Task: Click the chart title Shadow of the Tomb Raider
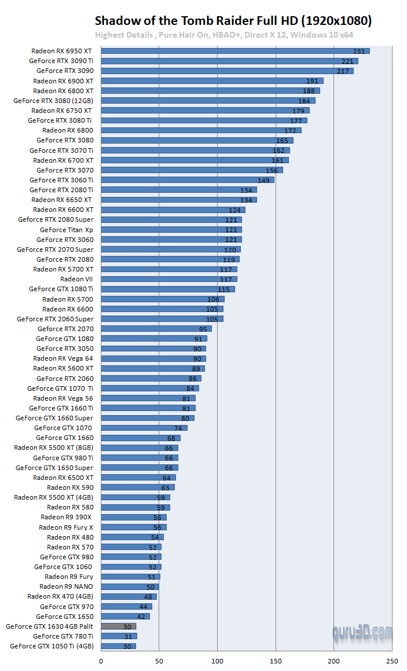[x=233, y=21]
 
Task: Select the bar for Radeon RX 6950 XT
[x=235, y=51]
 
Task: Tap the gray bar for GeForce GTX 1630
[x=118, y=626]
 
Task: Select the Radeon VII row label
[x=76, y=279]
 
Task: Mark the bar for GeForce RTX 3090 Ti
[x=229, y=61]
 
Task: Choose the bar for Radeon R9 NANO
[x=130, y=586]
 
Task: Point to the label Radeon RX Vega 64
[x=63, y=358]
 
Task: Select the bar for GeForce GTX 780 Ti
[x=119, y=636]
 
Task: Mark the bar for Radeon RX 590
[x=138, y=487]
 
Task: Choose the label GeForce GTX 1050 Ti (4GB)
[x=52, y=646]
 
